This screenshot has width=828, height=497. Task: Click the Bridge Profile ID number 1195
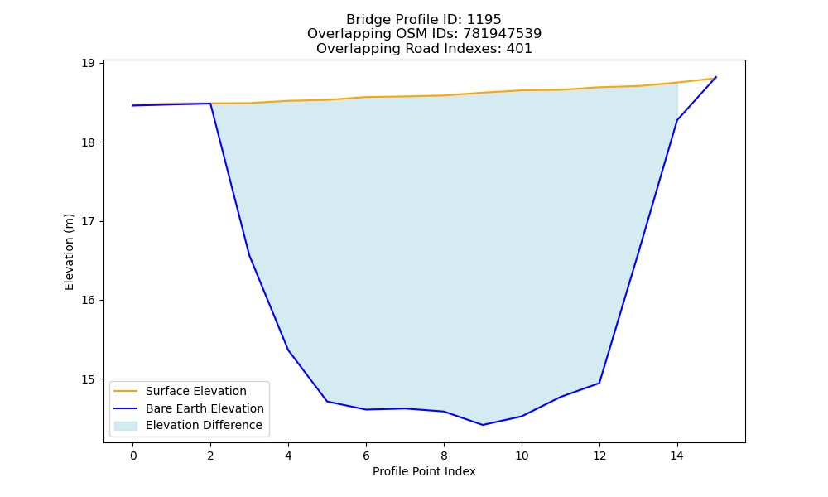pyautogui.click(x=484, y=20)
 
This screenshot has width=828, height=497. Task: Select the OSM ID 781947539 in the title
pyautogui.click(x=503, y=34)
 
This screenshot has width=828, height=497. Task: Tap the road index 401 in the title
pyautogui.click(x=519, y=49)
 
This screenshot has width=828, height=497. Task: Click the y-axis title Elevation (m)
pyautogui.click(x=69, y=252)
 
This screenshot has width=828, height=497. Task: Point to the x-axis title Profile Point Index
pyautogui.click(x=424, y=471)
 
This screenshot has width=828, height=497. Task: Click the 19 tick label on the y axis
pyautogui.click(x=89, y=64)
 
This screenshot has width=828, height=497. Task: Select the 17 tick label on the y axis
pyautogui.click(x=89, y=221)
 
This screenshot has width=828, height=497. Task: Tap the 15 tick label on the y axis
pyautogui.click(x=89, y=379)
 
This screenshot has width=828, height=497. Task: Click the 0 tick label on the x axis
pyautogui.click(x=133, y=456)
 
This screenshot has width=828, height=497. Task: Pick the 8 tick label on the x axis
pyautogui.click(x=444, y=456)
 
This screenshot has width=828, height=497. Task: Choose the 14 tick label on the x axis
pyautogui.click(x=677, y=456)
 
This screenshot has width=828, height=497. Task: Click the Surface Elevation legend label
pyautogui.click(x=196, y=391)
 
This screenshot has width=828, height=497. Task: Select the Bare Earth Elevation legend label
pyautogui.click(x=205, y=408)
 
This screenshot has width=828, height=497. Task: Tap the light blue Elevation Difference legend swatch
pyautogui.click(x=126, y=426)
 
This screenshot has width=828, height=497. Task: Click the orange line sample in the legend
pyautogui.click(x=126, y=391)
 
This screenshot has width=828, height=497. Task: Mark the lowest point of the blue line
pyautogui.click(x=483, y=425)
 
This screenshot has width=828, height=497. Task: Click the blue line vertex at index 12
pyautogui.click(x=599, y=383)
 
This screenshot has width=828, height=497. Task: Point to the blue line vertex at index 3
pyautogui.click(x=249, y=256)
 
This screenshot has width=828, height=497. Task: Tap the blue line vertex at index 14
pyautogui.click(x=677, y=120)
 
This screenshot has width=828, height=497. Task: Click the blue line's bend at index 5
pyautogui.click(x=327, y=402)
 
